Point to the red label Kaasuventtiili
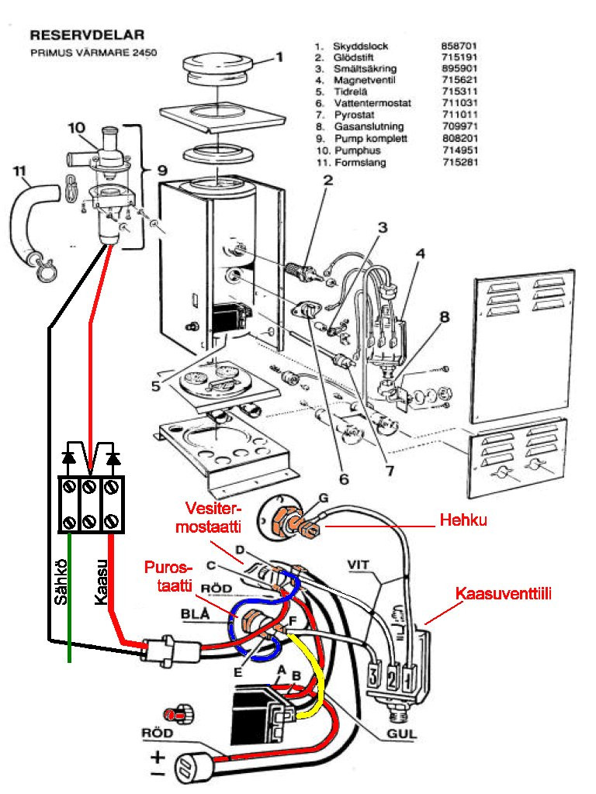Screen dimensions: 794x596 point(496,595)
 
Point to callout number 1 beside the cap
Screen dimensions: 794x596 point(279,57)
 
